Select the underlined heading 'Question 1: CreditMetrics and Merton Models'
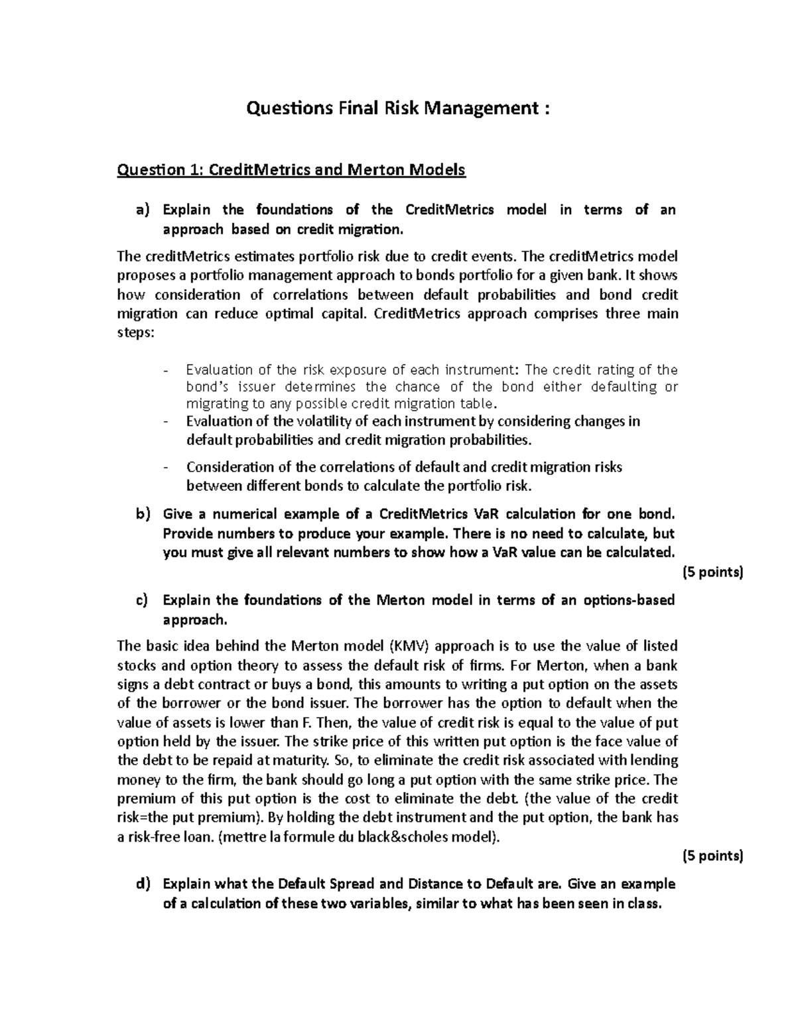coord(291,170)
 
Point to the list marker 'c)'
coord(143,600)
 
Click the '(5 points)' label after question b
coord(712,572)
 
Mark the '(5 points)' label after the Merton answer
coord(712,856)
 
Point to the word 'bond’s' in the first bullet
coord(206,387)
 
